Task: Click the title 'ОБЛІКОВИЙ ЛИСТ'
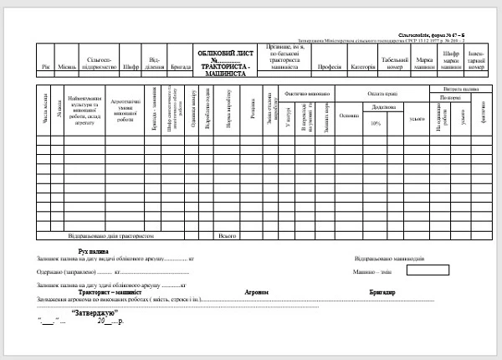pos(225,54)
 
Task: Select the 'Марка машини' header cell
pos(424,62)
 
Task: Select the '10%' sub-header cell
pos(376,122)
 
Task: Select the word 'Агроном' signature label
pos(256,292)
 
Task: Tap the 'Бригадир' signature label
pos(382,292)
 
